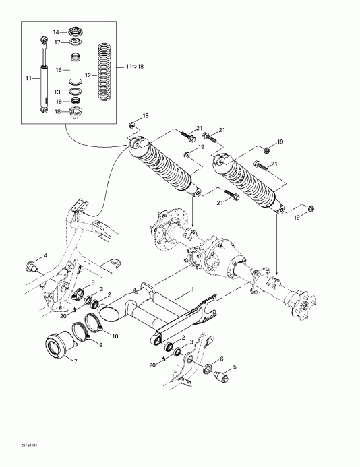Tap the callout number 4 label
click(45, 255)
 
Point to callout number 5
click(235, 367)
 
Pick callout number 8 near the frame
click(92, 282)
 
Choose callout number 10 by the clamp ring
click(115, 336)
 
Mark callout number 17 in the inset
click(56, 42)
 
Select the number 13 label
click(57, 92)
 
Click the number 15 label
click(57, 102)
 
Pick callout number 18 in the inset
click(57, 111)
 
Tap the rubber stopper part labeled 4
click(30, 262)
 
